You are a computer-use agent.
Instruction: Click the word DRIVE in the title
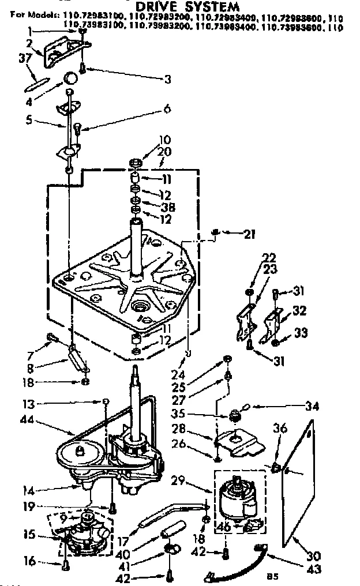(163, 6)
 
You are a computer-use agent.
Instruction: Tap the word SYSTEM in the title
(214, 6)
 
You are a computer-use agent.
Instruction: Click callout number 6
(168, 108)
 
